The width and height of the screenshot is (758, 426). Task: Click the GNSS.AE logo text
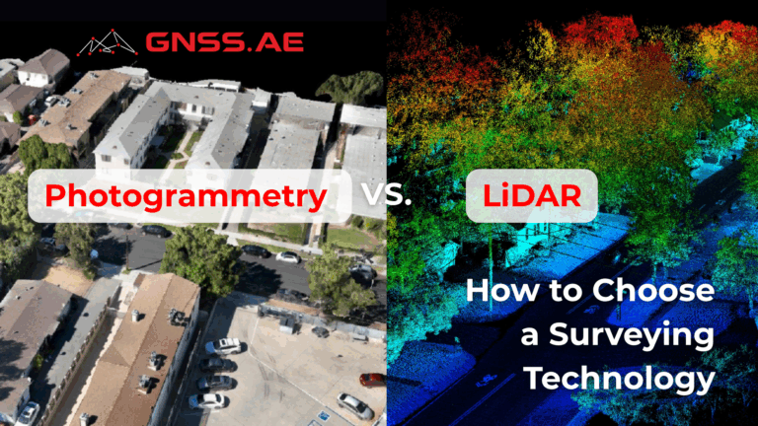[x=224, y=43]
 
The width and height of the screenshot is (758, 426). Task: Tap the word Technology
[x=619, y=378]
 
